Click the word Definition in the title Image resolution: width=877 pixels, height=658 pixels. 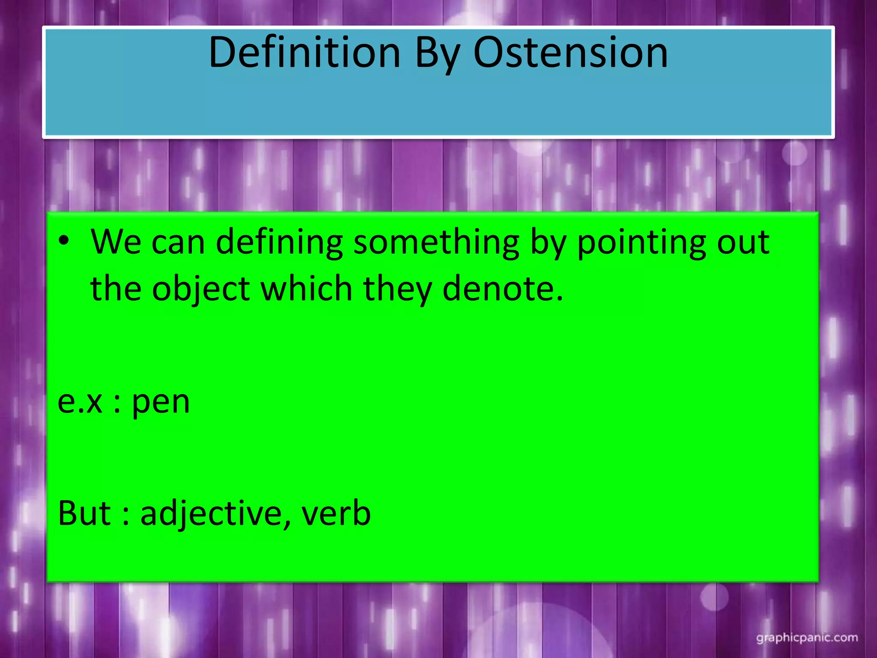pyautogui.click(x=304, y=53)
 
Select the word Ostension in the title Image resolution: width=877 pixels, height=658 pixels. pyautogui.click(x=570, y=53)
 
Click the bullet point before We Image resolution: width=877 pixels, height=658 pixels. pyautogui.click(x=64, y=241)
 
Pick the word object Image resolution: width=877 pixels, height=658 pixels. pyautogui.click(x=201, y=289)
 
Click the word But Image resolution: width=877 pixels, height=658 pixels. pyautogui.click(x=84, y=513)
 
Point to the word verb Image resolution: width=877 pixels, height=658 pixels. pyautogui.click(x=336, y=513)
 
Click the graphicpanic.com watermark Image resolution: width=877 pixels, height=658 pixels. pyautogui.click(x=807, y=638)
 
